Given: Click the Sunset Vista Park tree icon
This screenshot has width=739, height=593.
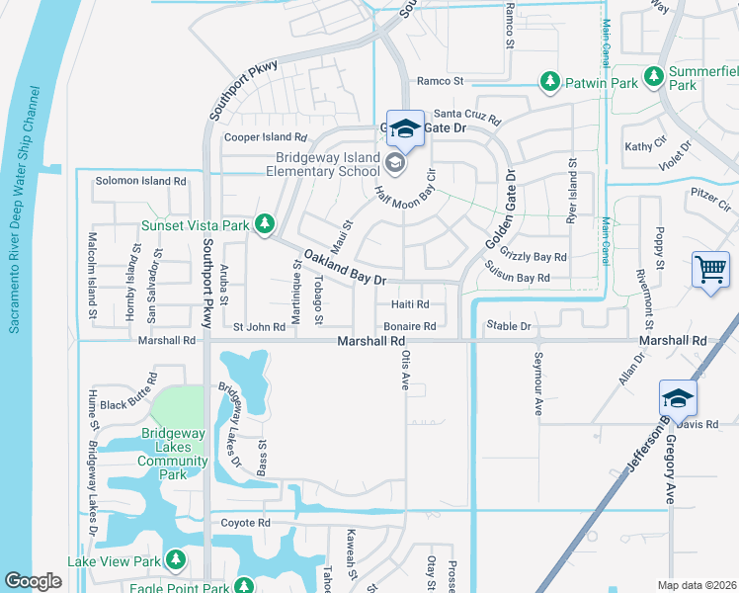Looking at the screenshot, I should pyautogui.click(x=264, y=225).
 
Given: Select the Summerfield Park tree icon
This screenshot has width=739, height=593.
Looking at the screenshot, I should pyautogui.click(x=653, y=75).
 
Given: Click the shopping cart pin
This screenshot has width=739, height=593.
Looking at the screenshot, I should pyautogui.click(x=711, y=270).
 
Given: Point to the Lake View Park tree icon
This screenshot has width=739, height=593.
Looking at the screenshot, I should pyautogui.click(x=176, y=561).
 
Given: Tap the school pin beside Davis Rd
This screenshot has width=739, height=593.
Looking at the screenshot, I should pyautogui.click(x=679, y=399).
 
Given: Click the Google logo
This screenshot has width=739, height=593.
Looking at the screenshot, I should pyautogui.click(x=33, y=581).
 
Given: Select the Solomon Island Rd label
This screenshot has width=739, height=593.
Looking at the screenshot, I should pyautogui.click(x=140, y=182).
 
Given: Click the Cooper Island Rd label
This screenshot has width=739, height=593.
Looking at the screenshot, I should pyautogui.click(x=266, y=138).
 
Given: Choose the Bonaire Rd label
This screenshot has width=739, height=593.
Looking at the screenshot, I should pyautogui.click(x=410, y=326).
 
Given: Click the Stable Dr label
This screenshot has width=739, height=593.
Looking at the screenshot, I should pyautogui.click(x=508, y=325).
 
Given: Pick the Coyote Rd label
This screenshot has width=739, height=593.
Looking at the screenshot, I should pyautogui.click(x=245, y=523).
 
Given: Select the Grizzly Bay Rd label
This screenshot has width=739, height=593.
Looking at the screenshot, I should pyautogui.click(x=534, y=257).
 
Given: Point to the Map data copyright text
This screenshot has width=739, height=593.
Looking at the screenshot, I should pyautogui.click(x=695, y=585).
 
